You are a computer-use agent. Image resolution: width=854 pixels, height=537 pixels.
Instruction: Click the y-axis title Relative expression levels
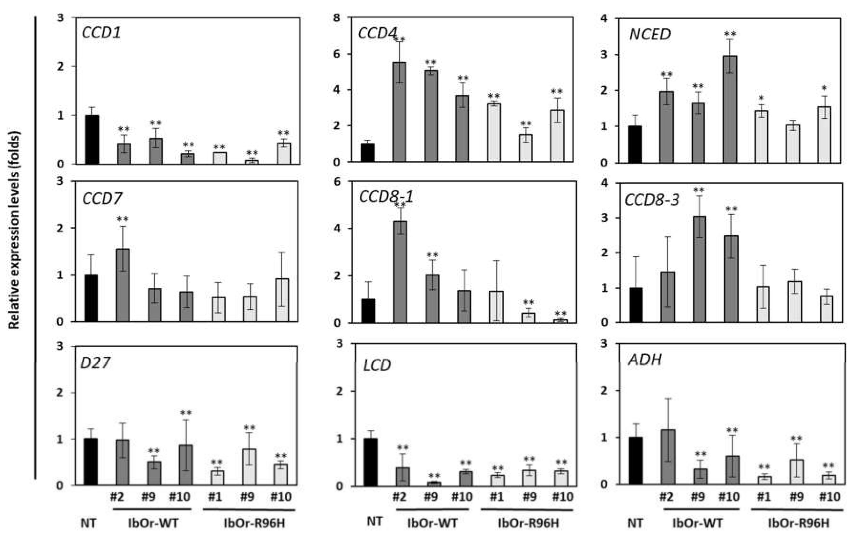pos(14,231)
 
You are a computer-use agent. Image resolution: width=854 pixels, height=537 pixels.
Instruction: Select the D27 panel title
pos(95,362)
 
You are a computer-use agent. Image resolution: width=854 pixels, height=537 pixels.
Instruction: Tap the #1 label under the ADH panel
pos(763,497)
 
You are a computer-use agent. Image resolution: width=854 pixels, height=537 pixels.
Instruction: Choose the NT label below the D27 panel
pos(88,523)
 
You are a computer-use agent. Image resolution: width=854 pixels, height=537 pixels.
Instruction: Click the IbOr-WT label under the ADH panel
pos(697,523)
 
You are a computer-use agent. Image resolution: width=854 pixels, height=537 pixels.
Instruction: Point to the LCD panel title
pos(377,365)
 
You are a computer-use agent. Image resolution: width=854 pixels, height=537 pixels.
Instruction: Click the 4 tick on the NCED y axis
pos(604,18)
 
